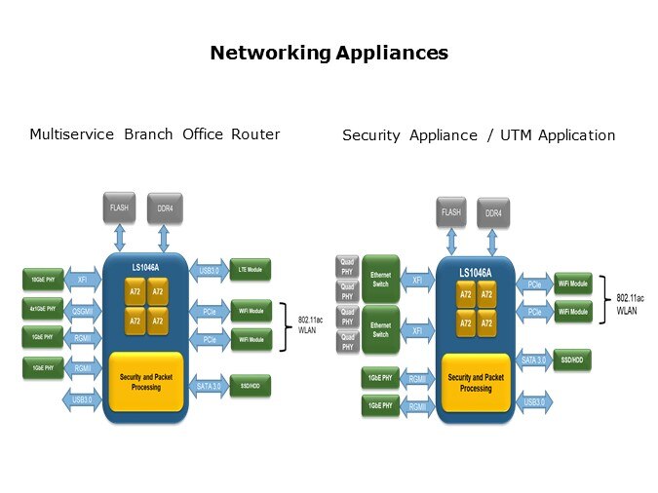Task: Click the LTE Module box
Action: click(x=251, y=270)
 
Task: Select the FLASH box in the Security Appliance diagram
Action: click(x=450, y=211)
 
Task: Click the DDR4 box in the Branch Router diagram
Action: click(x=165, y=208)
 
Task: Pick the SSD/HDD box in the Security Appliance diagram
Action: click(x=572, y=358)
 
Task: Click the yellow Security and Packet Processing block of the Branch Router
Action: click(x=147, y=381)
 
